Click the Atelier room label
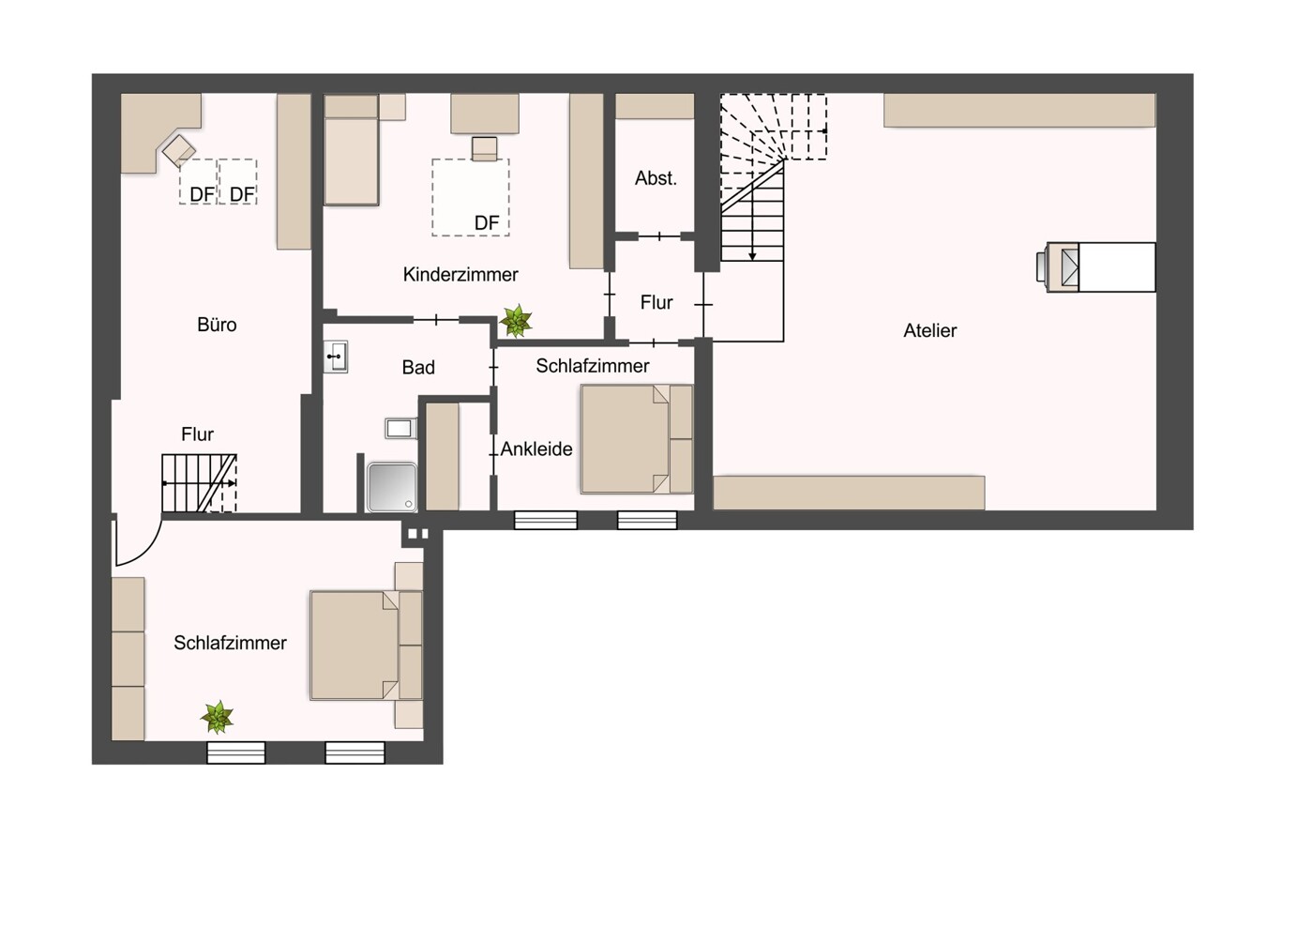tap(929, 330)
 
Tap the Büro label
tap(217, 325)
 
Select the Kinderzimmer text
tap(460, 275)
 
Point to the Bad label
tap(418, 368)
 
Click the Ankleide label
tap(536, 449)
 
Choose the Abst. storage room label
tap(656, 178)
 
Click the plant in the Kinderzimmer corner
tap(515, 321)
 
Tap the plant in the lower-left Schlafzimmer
tap(218, 718)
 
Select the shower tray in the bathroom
tap(392, 486)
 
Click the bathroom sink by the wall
tap(336, 357)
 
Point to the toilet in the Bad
tap(400, 429)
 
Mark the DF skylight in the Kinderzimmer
tap(471, 197)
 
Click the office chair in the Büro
tap(178, 150)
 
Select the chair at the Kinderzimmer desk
tap(484, 149)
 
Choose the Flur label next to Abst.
tap(656, 303)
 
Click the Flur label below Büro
tap(197, 434)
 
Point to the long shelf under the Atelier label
tap(849, 493)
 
